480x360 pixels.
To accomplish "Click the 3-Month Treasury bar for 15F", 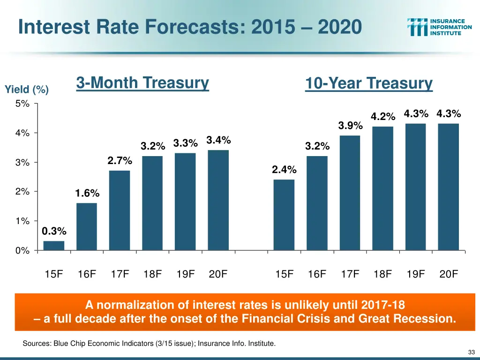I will coord(54,246).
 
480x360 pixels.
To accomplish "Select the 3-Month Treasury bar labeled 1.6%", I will coord(87,226).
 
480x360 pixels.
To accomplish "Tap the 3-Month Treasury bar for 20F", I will coord(218,200).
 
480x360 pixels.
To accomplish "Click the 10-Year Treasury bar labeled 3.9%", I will coord(350,193).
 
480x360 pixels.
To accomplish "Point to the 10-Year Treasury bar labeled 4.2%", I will coord(382,188).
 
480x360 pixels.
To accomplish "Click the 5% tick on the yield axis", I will coord(22,104).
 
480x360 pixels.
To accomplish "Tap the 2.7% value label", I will coord(120,161).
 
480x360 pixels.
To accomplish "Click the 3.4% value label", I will coord(218,140).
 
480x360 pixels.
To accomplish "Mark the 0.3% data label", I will coord(54,231).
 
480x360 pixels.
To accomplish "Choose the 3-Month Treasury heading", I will coord(142,83).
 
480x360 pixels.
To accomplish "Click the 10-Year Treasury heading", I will coord(368,84).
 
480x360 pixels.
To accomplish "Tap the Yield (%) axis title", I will coord(26,89).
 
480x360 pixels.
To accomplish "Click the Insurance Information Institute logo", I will coord(440,27).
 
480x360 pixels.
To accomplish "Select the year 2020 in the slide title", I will coord(339,26).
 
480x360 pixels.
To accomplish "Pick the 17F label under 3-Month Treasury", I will coord(120,275).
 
